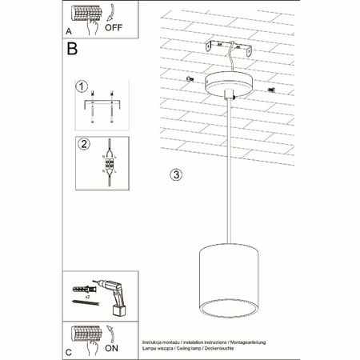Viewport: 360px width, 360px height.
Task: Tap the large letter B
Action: [x=73, y=49]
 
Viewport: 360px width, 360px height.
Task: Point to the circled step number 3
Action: [x=177, y=174]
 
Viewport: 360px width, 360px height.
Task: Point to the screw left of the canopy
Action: [x=190, y=78]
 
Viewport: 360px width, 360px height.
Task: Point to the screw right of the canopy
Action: [x=272, y=89]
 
